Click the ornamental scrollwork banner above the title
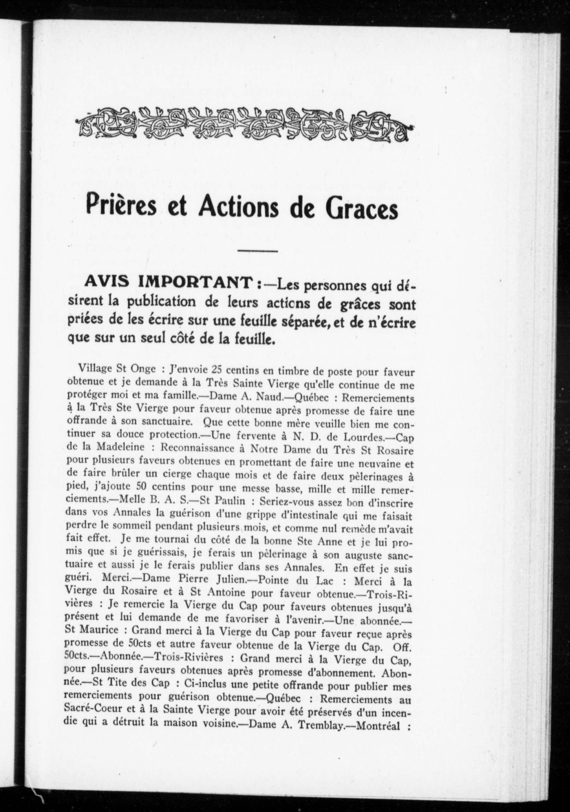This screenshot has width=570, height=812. pyautogui.click(x=244, y=122)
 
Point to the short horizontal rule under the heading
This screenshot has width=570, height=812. pyautogui.click(x=257, y=251)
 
